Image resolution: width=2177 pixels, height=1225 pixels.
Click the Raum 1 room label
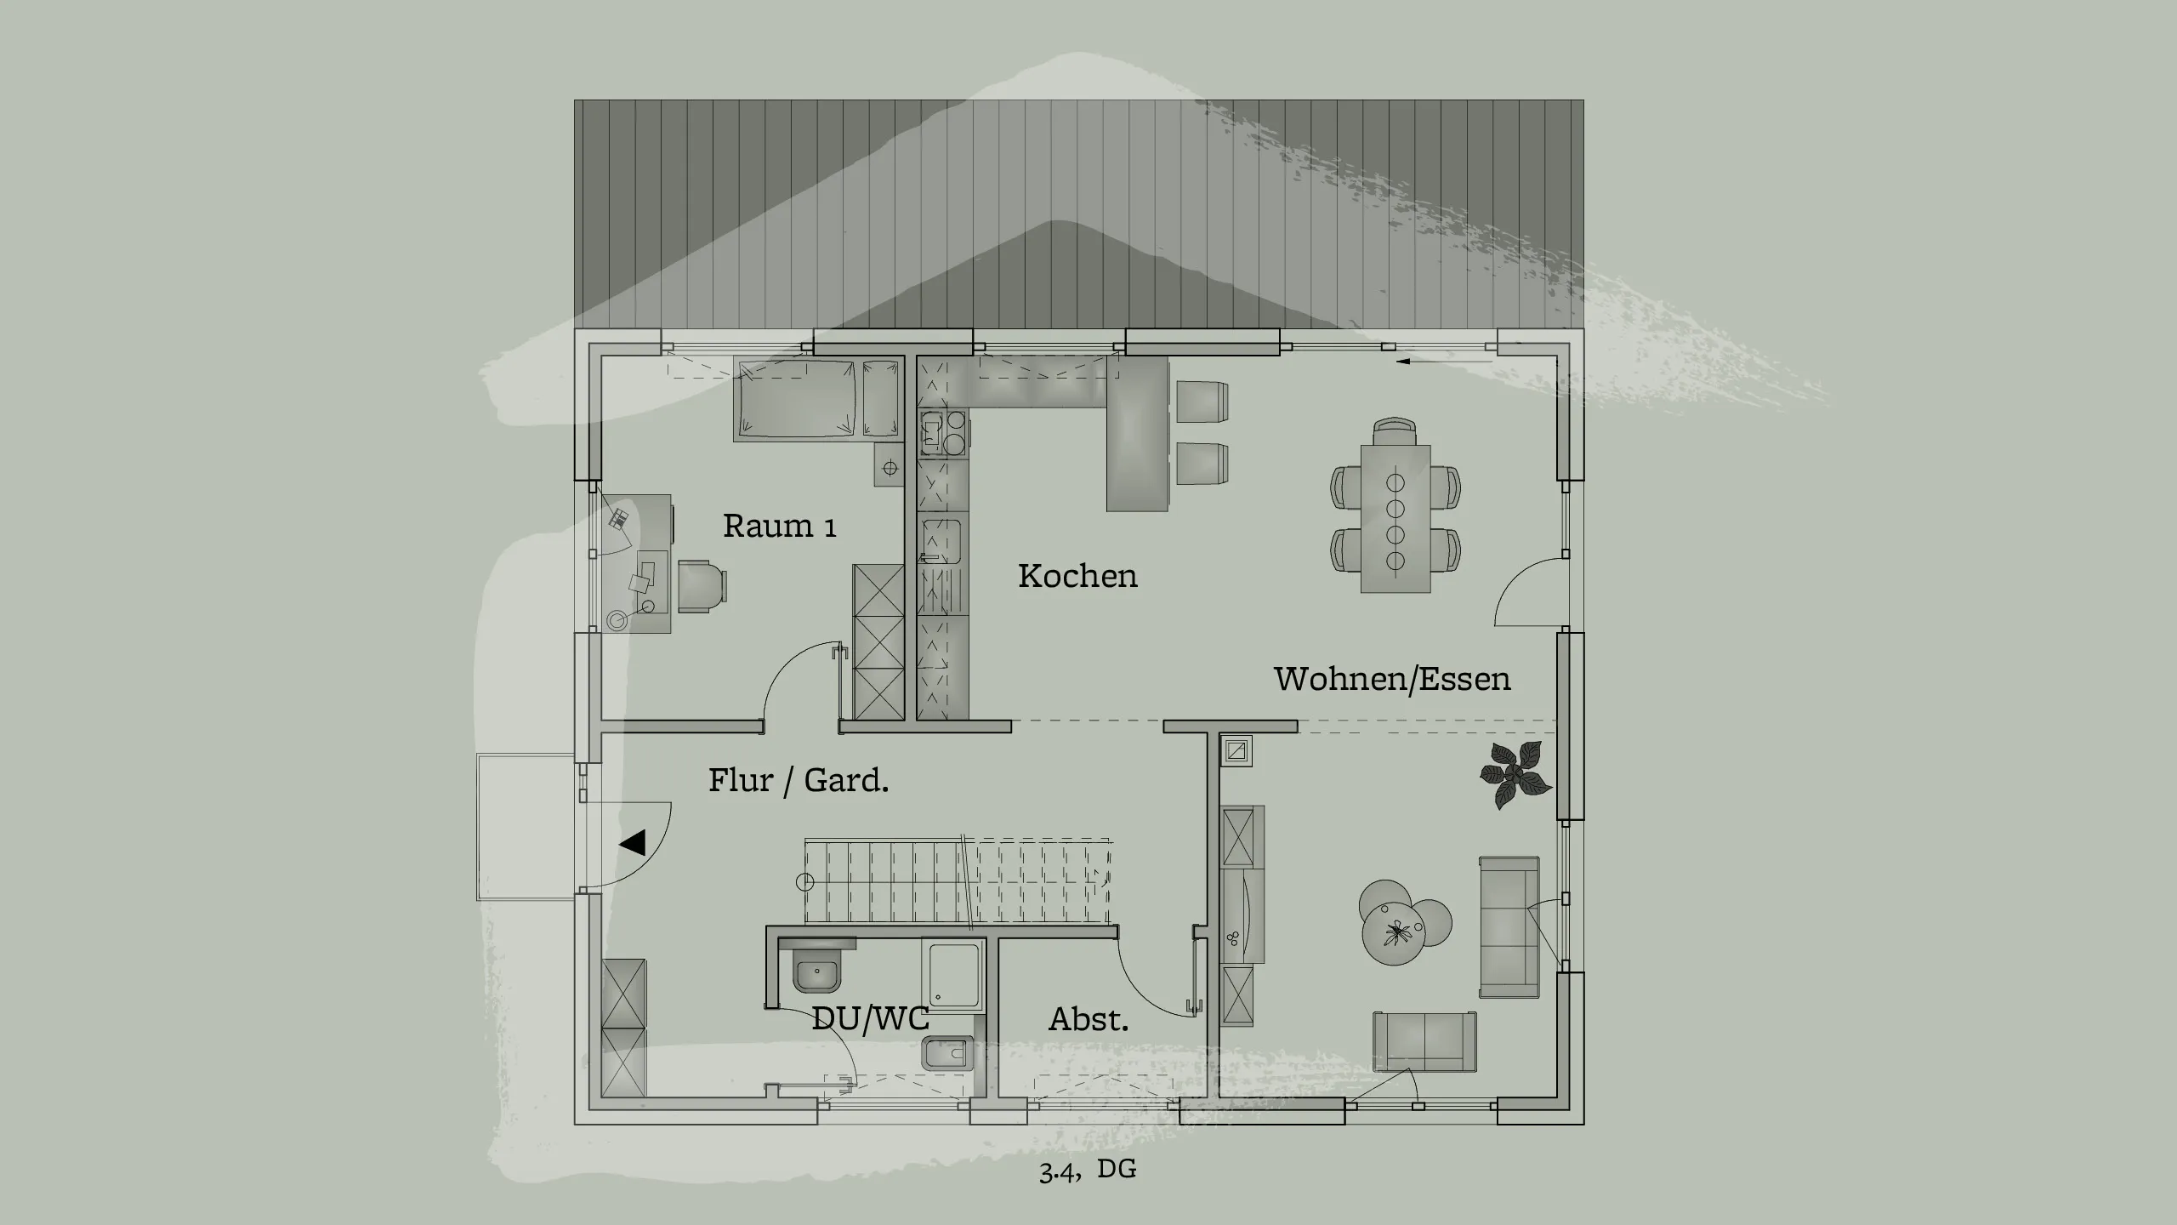[x=779, y=527]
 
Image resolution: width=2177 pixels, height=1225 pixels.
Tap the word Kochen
[x=1077, y=576]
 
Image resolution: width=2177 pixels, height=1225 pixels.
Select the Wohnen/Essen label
[x=1392, y=679]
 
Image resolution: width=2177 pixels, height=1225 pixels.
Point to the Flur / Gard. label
[x=799, y=780]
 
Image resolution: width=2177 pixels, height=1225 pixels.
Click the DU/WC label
[x=870, y=1018]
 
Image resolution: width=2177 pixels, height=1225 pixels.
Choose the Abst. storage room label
[x=1088, y=1019]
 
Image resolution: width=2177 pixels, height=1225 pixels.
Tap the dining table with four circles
[x=1395, y=519]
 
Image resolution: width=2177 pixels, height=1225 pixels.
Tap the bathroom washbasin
[x=817, y=971]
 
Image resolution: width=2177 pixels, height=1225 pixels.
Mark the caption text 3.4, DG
[x=1087, y=1170]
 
